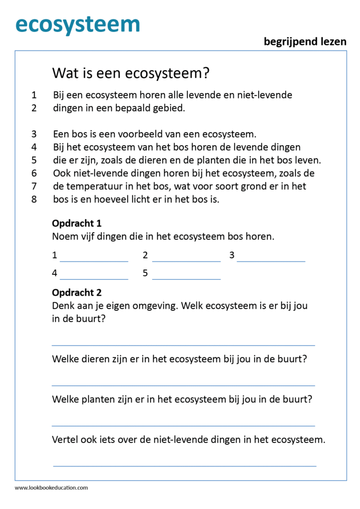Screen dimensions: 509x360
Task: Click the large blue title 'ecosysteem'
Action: (78, 23)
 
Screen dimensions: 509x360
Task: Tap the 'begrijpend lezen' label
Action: (305, 42)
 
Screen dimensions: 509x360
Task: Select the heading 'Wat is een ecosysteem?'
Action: (131, 74)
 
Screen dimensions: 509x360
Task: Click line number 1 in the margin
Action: (34, 94)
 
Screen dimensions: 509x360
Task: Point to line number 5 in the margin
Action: (34, 160)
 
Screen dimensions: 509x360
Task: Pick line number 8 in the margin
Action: (34, 199)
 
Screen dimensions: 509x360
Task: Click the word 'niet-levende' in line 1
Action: (266, 94)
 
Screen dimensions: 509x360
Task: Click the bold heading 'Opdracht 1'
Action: (77, 223)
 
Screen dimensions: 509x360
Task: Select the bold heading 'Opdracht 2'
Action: (77, 293)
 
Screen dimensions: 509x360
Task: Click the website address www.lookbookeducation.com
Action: (51, 488)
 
